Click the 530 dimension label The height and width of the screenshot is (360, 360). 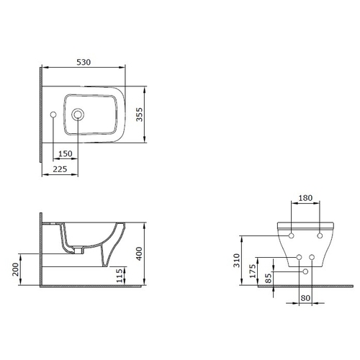(x=84, y=62)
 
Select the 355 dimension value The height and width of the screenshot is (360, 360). (x=139, y=114)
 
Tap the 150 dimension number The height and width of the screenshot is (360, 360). (x=66, y=153)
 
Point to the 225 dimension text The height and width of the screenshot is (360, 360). (x=60, y=169)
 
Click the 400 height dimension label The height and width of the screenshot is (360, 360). (x=139, y=253)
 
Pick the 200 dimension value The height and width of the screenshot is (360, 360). (x=15, y=269)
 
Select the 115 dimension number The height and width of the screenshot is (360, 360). (x=120, y=276)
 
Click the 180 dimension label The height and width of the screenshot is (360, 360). (x=305, y=198)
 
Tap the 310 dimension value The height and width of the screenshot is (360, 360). (x=237, y=261)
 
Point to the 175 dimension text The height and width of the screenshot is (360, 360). (x=253, y=271)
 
